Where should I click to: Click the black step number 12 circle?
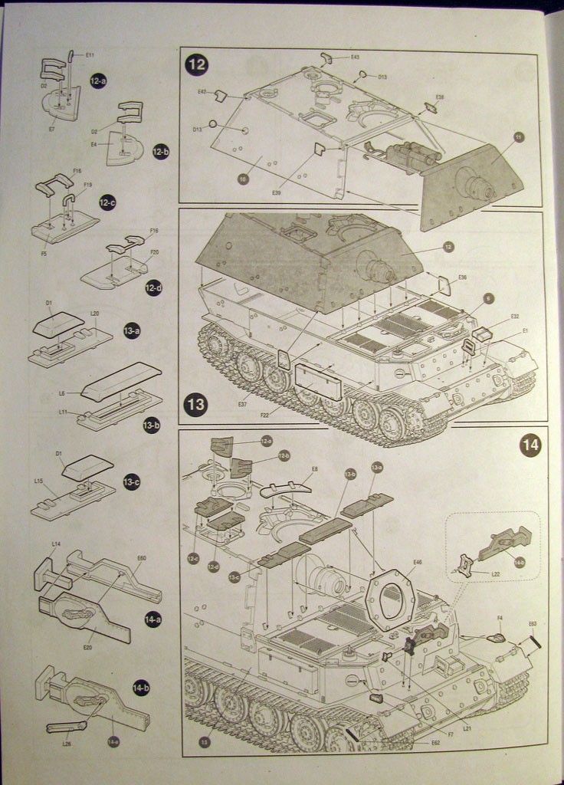pyautogui.click(x=197, y=64)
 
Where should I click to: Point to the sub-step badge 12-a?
pyautogui.click(x=98, y=80)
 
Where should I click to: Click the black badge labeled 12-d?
pyautogui.click(x=154, y=288)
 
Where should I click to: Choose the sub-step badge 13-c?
pyautogui.click(x=132, y=483)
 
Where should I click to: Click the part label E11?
pyautogui.click(x=90, y=55)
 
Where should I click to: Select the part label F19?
pyautogui.click(x=87, y=185)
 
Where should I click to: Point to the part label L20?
pyautogui.click(x=94, y=314)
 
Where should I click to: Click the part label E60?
pyautogui.click(x=141, y=558)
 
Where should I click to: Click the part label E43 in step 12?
pyautogui.click(x=355, y=57)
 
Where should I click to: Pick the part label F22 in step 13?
pyautogui.click(x=264, y=415)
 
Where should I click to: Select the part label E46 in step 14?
pyautogui.click(x=417, y=562)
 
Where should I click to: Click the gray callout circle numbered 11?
pyautogui.click(x=519, y=136)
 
